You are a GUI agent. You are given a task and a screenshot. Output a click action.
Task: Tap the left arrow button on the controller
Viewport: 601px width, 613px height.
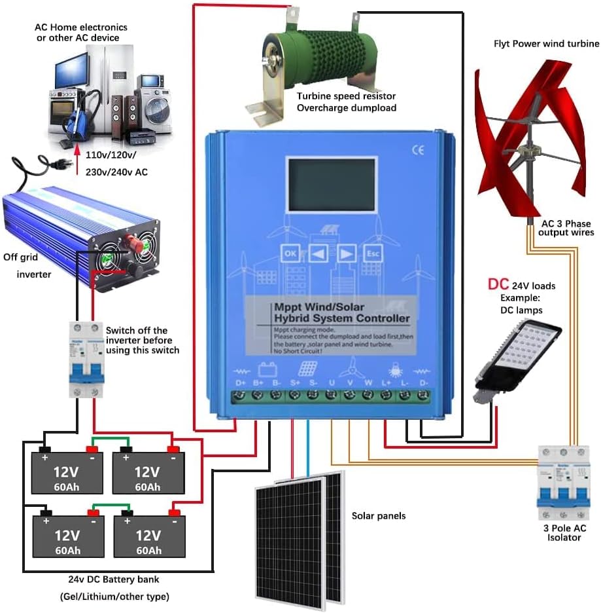(x=318, y=253)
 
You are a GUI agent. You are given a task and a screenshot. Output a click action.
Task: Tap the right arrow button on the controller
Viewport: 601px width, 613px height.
(x=346, y=253)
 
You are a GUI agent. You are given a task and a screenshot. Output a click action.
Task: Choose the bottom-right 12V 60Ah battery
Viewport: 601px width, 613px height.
(x=149, y=535)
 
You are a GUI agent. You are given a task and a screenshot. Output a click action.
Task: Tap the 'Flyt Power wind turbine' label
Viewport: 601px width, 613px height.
(x=545, y=44)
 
